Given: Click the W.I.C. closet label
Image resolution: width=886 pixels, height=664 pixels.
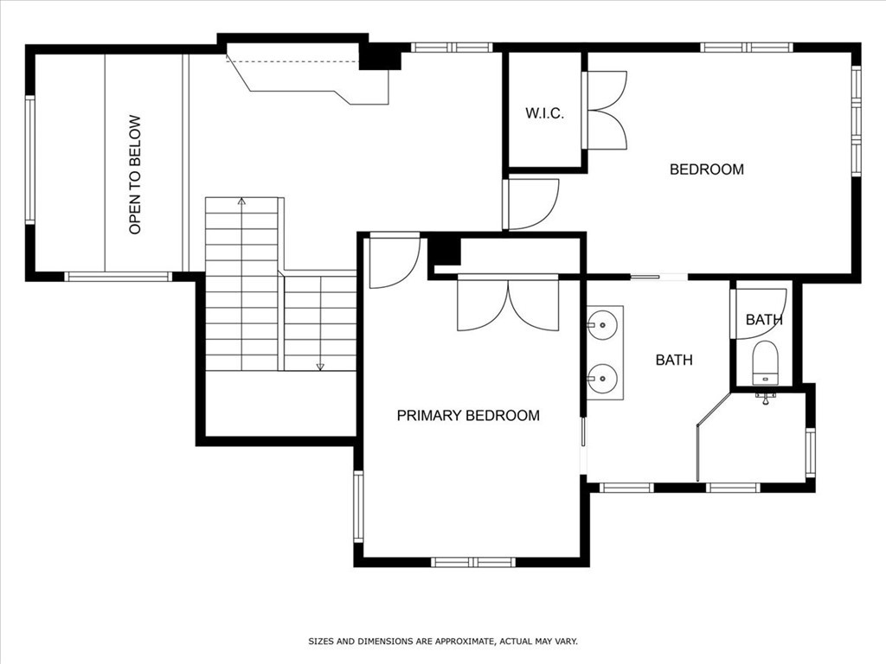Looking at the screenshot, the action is pos(545,113).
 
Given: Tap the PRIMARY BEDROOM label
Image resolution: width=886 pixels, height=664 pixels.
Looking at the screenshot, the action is pos(468,416).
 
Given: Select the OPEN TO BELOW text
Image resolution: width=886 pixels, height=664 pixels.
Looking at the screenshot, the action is pos(135,175).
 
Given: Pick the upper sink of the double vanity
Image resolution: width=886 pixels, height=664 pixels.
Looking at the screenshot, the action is pos(603,325).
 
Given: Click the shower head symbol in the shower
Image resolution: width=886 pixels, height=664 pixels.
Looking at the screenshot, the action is pos(766,398).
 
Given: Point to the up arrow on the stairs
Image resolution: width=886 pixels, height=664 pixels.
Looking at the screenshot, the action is pos(242,201).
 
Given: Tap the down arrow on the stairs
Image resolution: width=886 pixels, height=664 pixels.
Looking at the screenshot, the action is pos(320,367).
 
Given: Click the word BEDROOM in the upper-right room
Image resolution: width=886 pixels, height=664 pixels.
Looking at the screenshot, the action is pos(706,169).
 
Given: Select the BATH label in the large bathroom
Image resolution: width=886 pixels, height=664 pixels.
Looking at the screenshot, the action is pos(674,360).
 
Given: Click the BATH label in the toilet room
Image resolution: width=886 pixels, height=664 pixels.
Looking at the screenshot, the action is pos(764,320).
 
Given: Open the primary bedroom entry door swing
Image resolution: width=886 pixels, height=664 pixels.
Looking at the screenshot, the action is pos(395,263).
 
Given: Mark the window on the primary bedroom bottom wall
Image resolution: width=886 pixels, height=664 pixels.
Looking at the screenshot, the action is pos(473,562).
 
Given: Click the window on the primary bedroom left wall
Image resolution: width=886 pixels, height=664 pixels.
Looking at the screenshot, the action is pos(358,507).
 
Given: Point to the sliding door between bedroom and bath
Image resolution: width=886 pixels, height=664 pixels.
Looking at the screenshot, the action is pos(658,277).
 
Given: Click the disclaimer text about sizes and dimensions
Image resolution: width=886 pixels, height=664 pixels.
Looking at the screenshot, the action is pos(443,642).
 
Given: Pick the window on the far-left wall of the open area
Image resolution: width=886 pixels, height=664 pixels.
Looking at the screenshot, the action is pos(30,160).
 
